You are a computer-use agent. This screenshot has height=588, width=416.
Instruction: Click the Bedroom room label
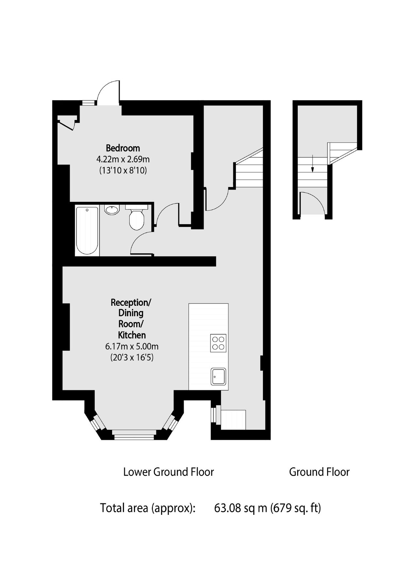pos(123,148)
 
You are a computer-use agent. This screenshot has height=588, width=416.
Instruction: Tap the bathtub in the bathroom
pos(87,230)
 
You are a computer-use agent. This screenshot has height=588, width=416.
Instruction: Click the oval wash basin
pos(112,210)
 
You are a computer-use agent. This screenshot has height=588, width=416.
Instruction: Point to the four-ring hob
pos(218,343)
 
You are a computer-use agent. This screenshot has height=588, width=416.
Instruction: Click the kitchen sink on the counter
pos(218,377)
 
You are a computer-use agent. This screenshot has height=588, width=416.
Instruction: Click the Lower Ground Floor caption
pos(168,472)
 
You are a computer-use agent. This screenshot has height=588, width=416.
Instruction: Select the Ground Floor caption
pos(319,472)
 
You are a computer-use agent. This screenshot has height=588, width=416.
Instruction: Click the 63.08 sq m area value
pos(241,508)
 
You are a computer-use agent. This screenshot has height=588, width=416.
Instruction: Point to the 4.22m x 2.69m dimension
pos(123,159)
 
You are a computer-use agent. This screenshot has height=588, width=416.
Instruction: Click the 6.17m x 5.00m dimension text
pos(132,346)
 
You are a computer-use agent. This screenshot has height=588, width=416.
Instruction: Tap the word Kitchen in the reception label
pos(132,335)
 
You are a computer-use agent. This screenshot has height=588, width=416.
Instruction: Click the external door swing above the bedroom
pos(108,93)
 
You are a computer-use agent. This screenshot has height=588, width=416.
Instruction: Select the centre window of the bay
pos(134,433)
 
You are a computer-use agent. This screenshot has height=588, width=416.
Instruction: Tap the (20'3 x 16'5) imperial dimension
pos(132,357)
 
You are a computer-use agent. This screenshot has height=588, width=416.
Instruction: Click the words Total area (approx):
pos(147,508)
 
